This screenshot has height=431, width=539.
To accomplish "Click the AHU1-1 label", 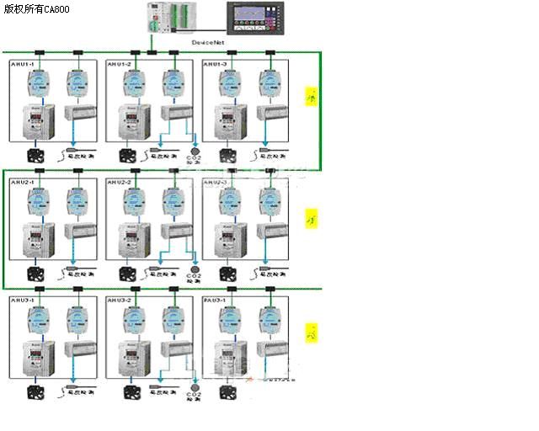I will click(x=22, y=64).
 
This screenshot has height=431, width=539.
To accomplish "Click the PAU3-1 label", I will click(x=216, y=300).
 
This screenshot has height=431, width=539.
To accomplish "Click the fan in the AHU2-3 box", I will click(x=230, y=273).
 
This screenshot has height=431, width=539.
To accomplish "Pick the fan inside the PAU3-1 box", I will click(x=230, y=391).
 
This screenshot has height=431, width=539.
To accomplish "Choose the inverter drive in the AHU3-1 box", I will click(x=39, y=358).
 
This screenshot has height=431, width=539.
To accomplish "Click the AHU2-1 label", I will click(x=22, y=182).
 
